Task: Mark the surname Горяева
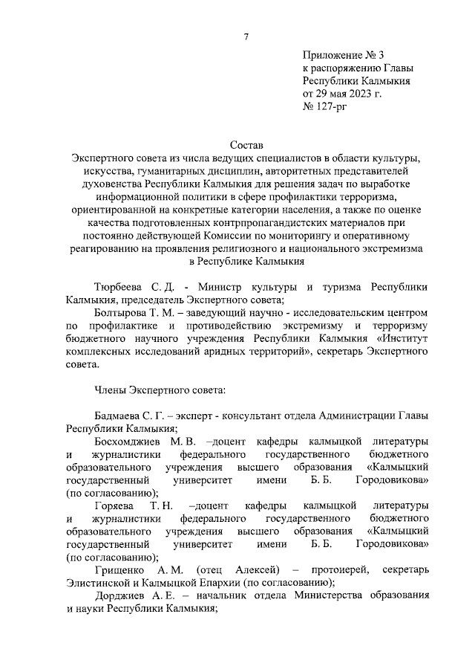click(x=114, y=505)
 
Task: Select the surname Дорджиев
click(x=122, y=596)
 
